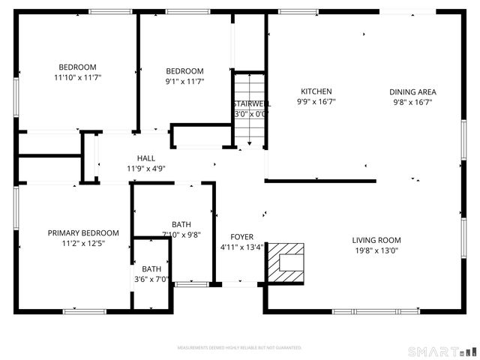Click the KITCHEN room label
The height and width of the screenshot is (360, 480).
[316, 92]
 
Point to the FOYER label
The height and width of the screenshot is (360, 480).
[241, 237]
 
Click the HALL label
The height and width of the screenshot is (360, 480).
[146, 158]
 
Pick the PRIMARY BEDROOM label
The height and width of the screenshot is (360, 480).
[83, 233]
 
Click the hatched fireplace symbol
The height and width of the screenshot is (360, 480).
[286, 262]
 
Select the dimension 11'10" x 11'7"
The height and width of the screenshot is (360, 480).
[77, 77]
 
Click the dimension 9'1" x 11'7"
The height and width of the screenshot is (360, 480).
[184, 82]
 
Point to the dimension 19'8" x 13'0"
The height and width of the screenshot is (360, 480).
[376, 250]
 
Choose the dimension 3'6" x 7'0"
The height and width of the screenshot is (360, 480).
[151, 279]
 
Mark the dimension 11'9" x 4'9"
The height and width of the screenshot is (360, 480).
[145, 168]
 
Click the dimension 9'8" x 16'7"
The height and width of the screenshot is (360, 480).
[412, 102]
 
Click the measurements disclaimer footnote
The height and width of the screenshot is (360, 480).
[239, 348]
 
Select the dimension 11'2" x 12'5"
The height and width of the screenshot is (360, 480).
[83, 243]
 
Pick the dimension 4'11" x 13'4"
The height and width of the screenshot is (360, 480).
[241, 247]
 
